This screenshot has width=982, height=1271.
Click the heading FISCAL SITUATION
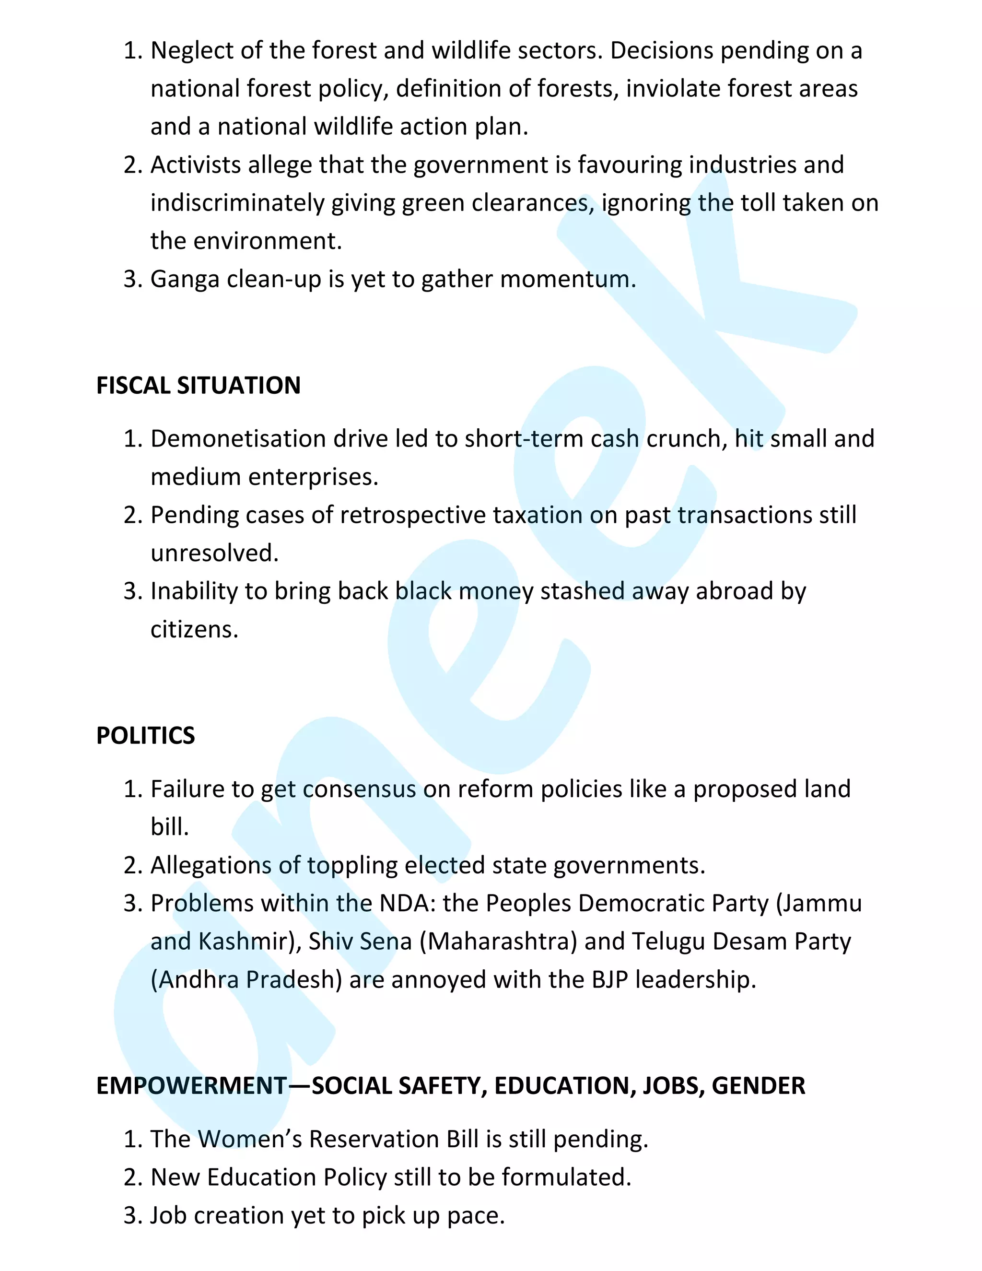pos(199,386)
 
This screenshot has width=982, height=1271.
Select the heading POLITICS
pos(145,736)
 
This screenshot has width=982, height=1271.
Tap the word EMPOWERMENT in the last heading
pos(191,1086)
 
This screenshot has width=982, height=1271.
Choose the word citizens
pos(194,630)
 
